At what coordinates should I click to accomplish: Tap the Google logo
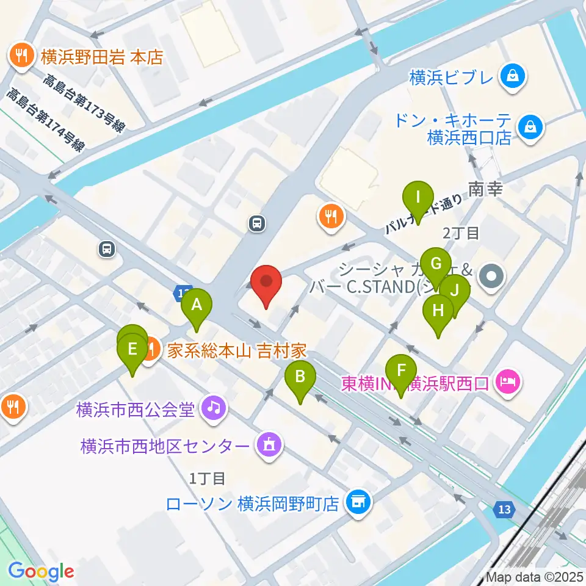pyautogui.click(x=41, y=571)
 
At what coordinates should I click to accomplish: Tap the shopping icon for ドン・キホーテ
pyautogui.click(x=529, y=128)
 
